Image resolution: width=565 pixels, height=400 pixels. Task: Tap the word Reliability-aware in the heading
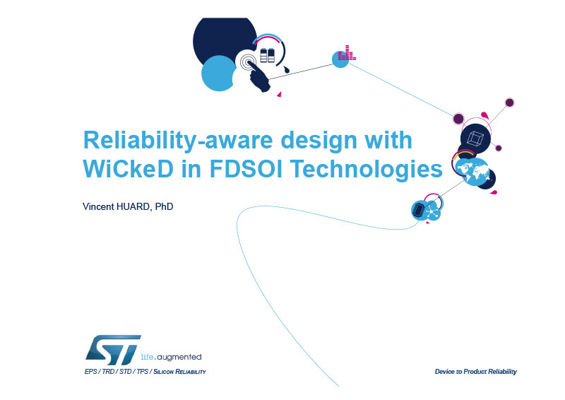[178, 140]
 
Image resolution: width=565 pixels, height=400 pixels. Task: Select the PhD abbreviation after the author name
[164, 206]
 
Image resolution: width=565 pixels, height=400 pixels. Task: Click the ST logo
[113, 351]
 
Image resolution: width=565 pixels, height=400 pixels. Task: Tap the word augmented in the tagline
[180, 357]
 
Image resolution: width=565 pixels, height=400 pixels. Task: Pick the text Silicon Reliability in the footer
[179, 372]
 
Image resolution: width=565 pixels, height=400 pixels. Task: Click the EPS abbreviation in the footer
[90, 372]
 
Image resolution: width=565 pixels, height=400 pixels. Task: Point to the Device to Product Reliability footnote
[475, 372]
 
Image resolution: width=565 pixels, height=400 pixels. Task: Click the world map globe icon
[472, 172]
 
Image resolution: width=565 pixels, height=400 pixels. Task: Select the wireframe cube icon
[475, 139]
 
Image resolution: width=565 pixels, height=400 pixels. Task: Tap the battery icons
[268, 55]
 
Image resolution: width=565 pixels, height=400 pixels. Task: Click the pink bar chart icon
[347, 53]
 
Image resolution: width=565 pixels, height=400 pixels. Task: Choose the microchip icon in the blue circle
[419, 210]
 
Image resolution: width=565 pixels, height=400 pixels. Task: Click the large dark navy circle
[223, 39]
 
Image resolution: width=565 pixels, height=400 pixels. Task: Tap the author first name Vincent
[98, 206]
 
